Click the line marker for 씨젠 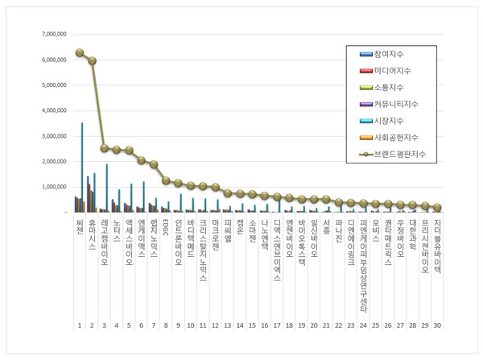coord(80,53)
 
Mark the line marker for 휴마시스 coord(92,60)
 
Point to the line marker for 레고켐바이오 coord(104,148)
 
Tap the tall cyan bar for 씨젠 coord(82,168)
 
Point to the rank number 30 coord(437,325)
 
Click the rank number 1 coord(79,325)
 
